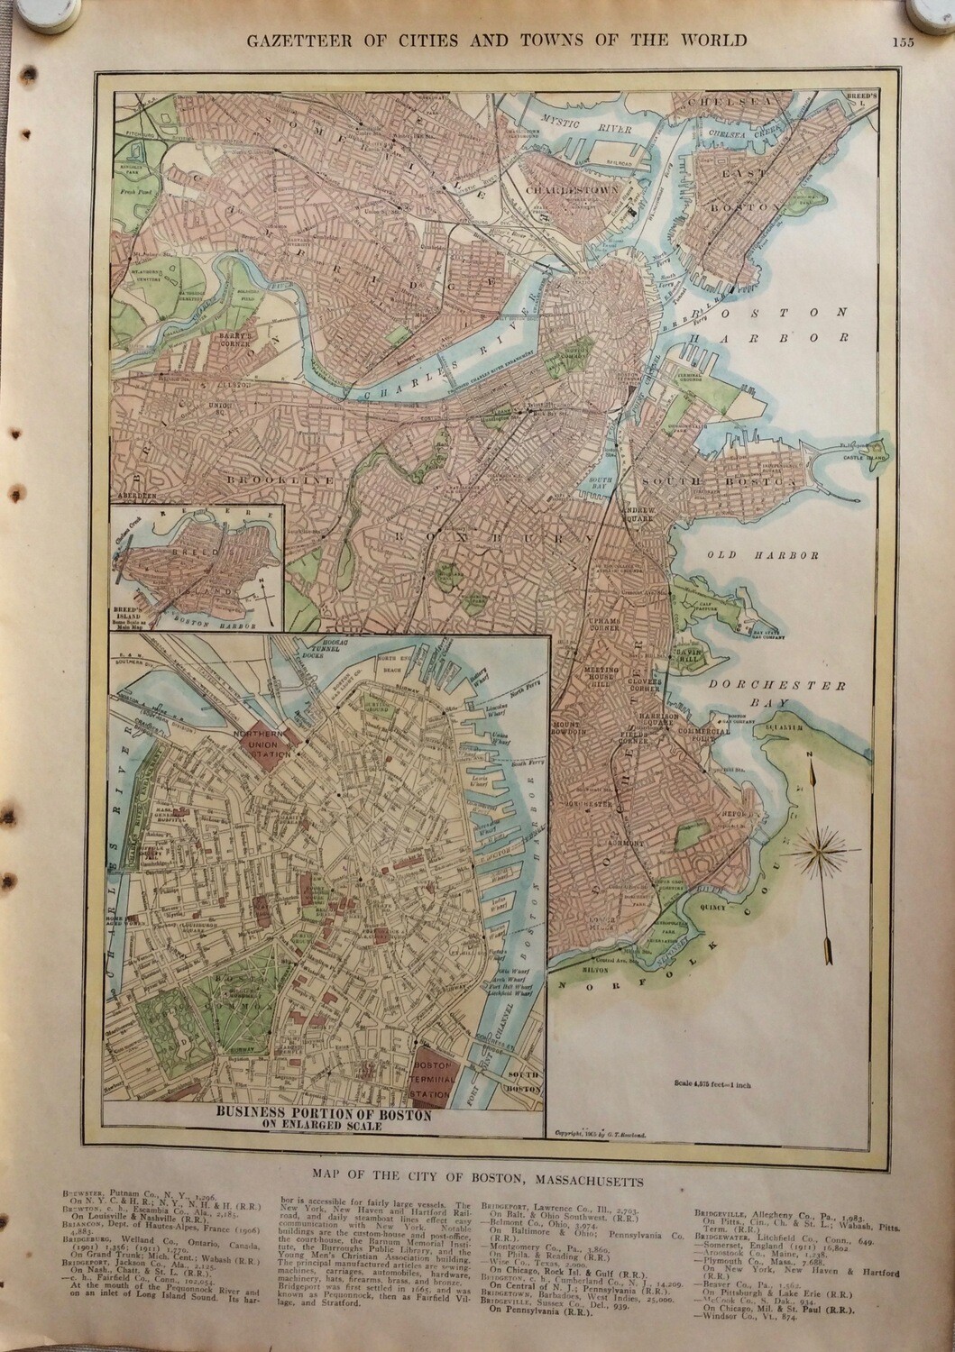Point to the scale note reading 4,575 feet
point(711,1085)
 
